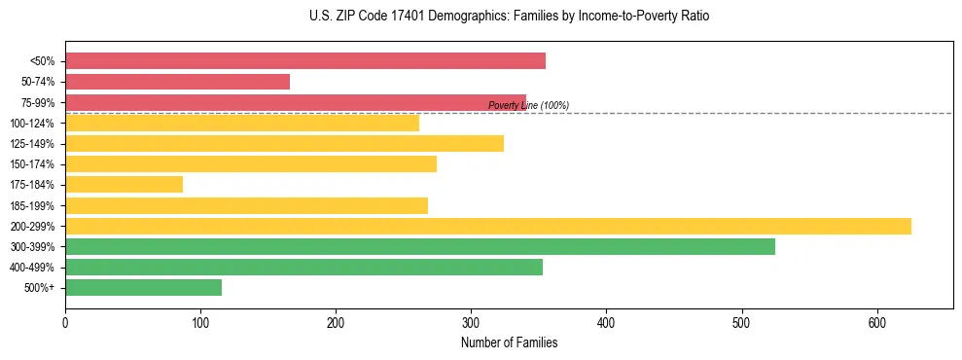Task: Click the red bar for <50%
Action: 305,61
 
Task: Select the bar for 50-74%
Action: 177,82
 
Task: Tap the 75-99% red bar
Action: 296,102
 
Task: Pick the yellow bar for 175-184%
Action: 124,184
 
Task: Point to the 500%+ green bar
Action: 143,287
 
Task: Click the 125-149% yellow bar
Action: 284,143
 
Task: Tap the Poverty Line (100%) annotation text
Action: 528,105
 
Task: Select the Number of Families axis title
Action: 509,342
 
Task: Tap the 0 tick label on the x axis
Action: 65,321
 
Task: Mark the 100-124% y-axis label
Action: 33,124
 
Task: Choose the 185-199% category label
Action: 33,205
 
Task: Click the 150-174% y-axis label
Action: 33,164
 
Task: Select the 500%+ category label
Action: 40,288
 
